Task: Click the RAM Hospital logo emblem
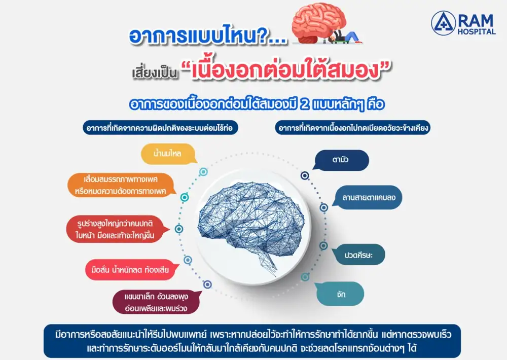(x=443, y=23)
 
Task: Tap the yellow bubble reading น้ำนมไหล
(x=168, y=154)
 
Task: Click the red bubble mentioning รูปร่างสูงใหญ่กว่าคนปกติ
(x=117, y=229)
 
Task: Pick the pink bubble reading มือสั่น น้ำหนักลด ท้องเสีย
(x=130, y=269)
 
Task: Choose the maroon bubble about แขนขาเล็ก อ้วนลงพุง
(x=156, y=302)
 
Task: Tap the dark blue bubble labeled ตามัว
(x=341, y=160)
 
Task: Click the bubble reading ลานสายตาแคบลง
(x=369, y=197)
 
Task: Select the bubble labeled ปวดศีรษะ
(x=358, y=255)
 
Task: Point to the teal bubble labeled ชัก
(x=339, y=294)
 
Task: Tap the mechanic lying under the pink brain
(x=345, y=36)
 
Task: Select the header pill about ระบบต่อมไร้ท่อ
(x=160, y=128)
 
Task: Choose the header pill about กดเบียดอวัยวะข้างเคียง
(x=353, y=128)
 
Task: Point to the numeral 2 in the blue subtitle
(x=304, y=104)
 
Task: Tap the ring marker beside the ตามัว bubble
(x=305, y=175)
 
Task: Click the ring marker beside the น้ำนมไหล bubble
(x=203, y=172)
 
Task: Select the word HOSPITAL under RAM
(x=476, y=32)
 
